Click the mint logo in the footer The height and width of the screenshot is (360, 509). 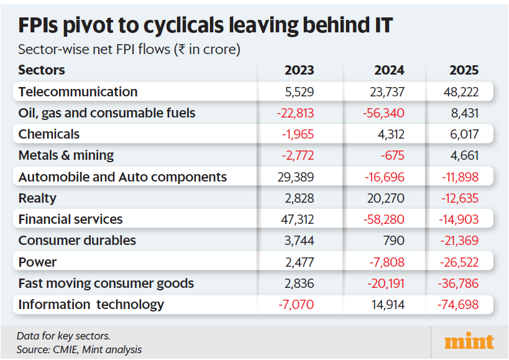point(469,341)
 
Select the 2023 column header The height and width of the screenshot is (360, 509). point(299,70)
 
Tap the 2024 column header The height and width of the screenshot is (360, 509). point(389,70)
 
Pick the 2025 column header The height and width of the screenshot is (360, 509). point(463,70)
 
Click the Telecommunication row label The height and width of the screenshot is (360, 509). point(78,92)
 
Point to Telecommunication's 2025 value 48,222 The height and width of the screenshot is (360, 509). point(461,92)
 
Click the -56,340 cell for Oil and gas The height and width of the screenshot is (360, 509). point(383,113)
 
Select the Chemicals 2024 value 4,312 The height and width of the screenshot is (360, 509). point(390,134)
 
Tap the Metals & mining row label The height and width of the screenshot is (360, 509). point(66,155)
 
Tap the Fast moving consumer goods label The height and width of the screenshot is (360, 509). point(106,284)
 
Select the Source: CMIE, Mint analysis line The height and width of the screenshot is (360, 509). point(79,349)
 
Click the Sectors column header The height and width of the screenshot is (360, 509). point(42,70)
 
